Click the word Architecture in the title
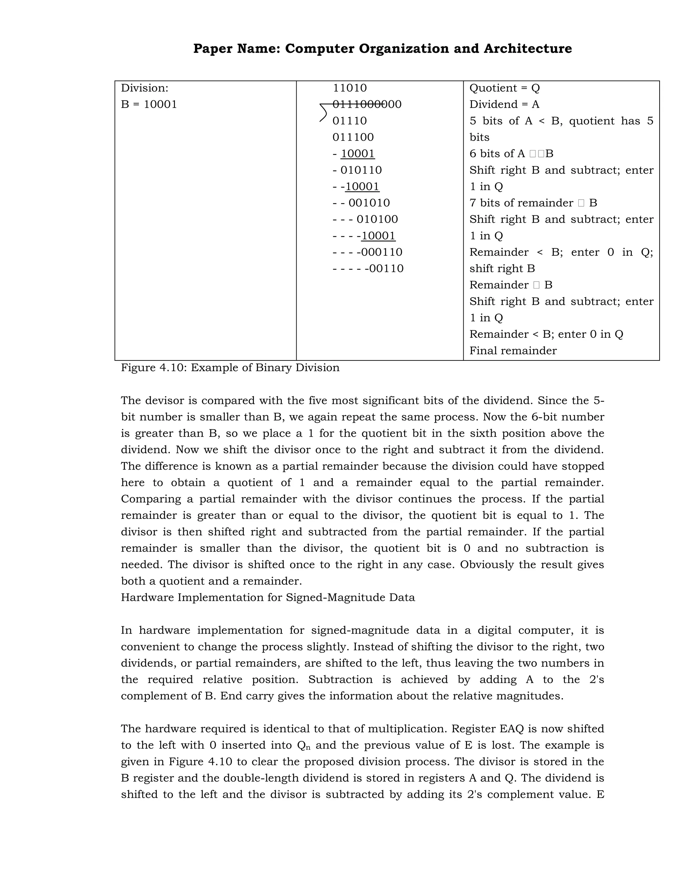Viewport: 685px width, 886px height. tap(527, 49)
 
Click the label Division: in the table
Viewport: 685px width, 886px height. tap(144, 88)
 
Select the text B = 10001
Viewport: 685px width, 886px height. tap(149, 105)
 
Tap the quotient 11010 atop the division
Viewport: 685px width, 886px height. tap(350, 88)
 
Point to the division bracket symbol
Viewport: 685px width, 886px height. tap(323, 113)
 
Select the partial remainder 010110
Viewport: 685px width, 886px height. tap(361, 170)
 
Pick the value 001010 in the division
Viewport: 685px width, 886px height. tap(369, 203)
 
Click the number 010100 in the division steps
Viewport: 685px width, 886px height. tap(377, 219)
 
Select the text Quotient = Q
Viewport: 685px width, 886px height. tap(504, 88)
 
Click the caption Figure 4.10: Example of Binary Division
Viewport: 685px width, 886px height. tap(230, 367)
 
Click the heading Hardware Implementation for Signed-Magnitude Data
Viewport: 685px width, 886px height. tap(268, 597)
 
